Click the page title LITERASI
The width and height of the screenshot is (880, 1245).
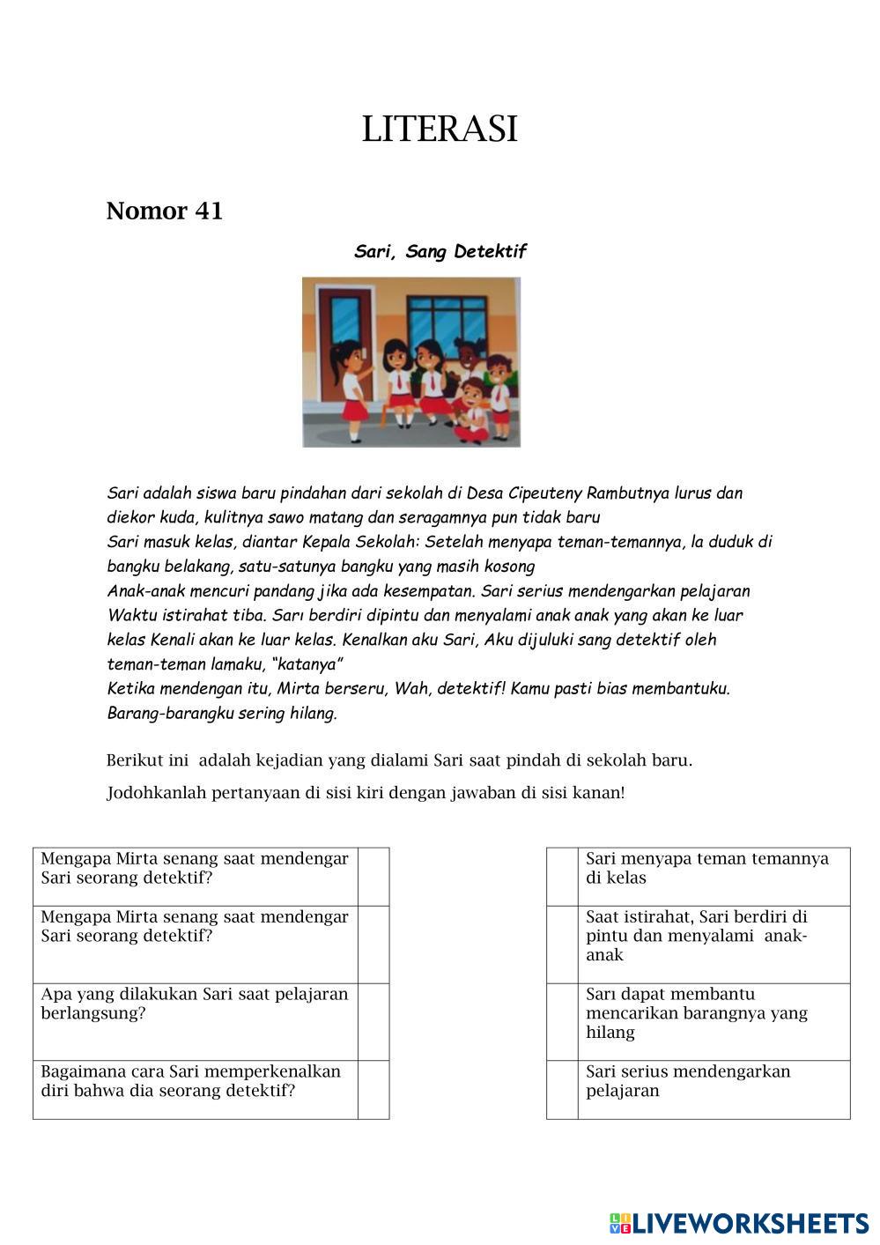point(440,129)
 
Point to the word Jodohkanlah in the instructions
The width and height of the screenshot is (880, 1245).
point(156,792)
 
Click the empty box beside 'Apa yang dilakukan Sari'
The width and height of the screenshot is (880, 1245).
point(373,1021)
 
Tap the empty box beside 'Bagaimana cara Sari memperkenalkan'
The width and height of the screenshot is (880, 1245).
point(373,1089)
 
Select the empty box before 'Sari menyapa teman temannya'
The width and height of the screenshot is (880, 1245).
point(562,877)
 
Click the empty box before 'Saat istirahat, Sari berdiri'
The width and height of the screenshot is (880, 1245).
point(562,945)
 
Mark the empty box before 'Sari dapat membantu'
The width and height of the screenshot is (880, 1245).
point(562,1021)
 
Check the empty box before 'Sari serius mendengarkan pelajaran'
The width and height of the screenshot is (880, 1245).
point(562,1089)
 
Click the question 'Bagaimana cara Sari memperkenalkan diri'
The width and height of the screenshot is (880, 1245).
point(190,1081)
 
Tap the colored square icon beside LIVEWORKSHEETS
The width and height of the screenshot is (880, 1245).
point(619,1223)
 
